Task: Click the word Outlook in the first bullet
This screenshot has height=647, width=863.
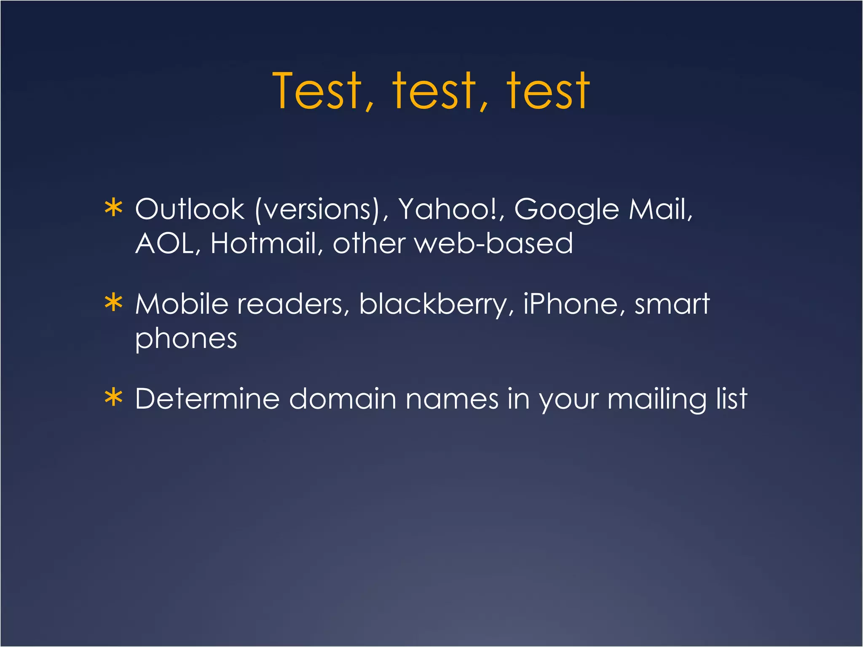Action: click(x=190, y=209)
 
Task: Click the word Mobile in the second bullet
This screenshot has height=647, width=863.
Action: click(x=182, y=304)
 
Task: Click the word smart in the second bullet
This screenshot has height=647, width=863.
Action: click(x=672, y=305)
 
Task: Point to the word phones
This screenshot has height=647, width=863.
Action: click(x=186, y=340)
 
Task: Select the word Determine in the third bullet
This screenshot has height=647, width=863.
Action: click(x=207, y=398)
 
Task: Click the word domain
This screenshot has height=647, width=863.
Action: click(x=343, y=398)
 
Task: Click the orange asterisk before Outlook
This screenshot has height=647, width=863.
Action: click(x=114, y=209)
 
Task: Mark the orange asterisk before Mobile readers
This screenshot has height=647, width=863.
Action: click(x=114, y=303)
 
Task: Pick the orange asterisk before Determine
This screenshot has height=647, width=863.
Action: click(x=114, y=398)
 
